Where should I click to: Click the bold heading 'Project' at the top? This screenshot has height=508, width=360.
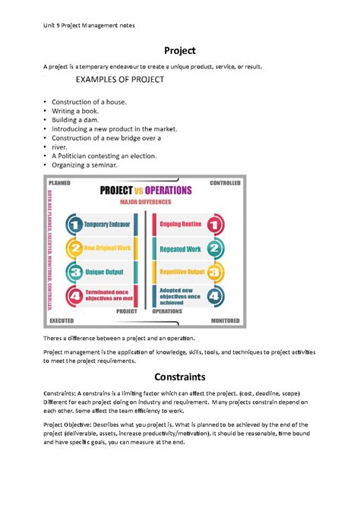tap(180, 50)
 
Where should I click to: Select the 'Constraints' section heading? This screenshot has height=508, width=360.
tap(180, 376)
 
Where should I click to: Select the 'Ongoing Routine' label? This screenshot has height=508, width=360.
tap(180, 225)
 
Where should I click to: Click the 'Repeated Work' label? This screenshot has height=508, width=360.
tap(180, 248)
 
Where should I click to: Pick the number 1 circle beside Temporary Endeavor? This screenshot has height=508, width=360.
tap(74, 225)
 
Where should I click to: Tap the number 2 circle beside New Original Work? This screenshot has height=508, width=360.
tap(74, 248)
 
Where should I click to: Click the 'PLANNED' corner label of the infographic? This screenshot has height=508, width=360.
tap(60, 183)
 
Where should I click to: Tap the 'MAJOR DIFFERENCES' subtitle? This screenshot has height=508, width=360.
tap(146, 202)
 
